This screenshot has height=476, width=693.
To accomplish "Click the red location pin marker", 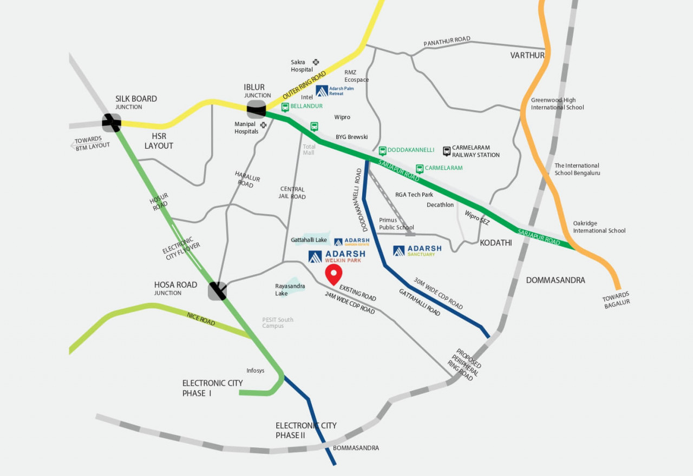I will coord(334,274).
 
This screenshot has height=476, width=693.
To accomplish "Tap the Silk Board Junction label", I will coord(136,102).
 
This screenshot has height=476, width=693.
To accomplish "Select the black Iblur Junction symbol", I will coord(256,109).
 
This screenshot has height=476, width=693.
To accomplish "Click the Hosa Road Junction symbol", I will coord(218,291).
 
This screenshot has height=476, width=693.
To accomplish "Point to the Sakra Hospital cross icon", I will coord(316,62).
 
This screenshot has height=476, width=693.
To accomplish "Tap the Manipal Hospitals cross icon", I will coord(264,125).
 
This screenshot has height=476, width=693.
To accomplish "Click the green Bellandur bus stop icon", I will coord(285,107).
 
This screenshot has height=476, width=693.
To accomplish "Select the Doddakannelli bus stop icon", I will coord(382,150).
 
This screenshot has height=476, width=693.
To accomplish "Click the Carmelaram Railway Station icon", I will coord(447,151).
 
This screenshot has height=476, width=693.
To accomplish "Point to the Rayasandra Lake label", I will coord(290,289).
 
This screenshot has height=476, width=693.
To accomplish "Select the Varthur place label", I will coord(527,55).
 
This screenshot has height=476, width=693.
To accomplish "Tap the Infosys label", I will coord(256,371).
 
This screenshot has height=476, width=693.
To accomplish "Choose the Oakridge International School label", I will coord(599,227).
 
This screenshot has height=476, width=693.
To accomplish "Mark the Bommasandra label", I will coord(356,448).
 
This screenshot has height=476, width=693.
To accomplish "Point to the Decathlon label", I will coord(440,205).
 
